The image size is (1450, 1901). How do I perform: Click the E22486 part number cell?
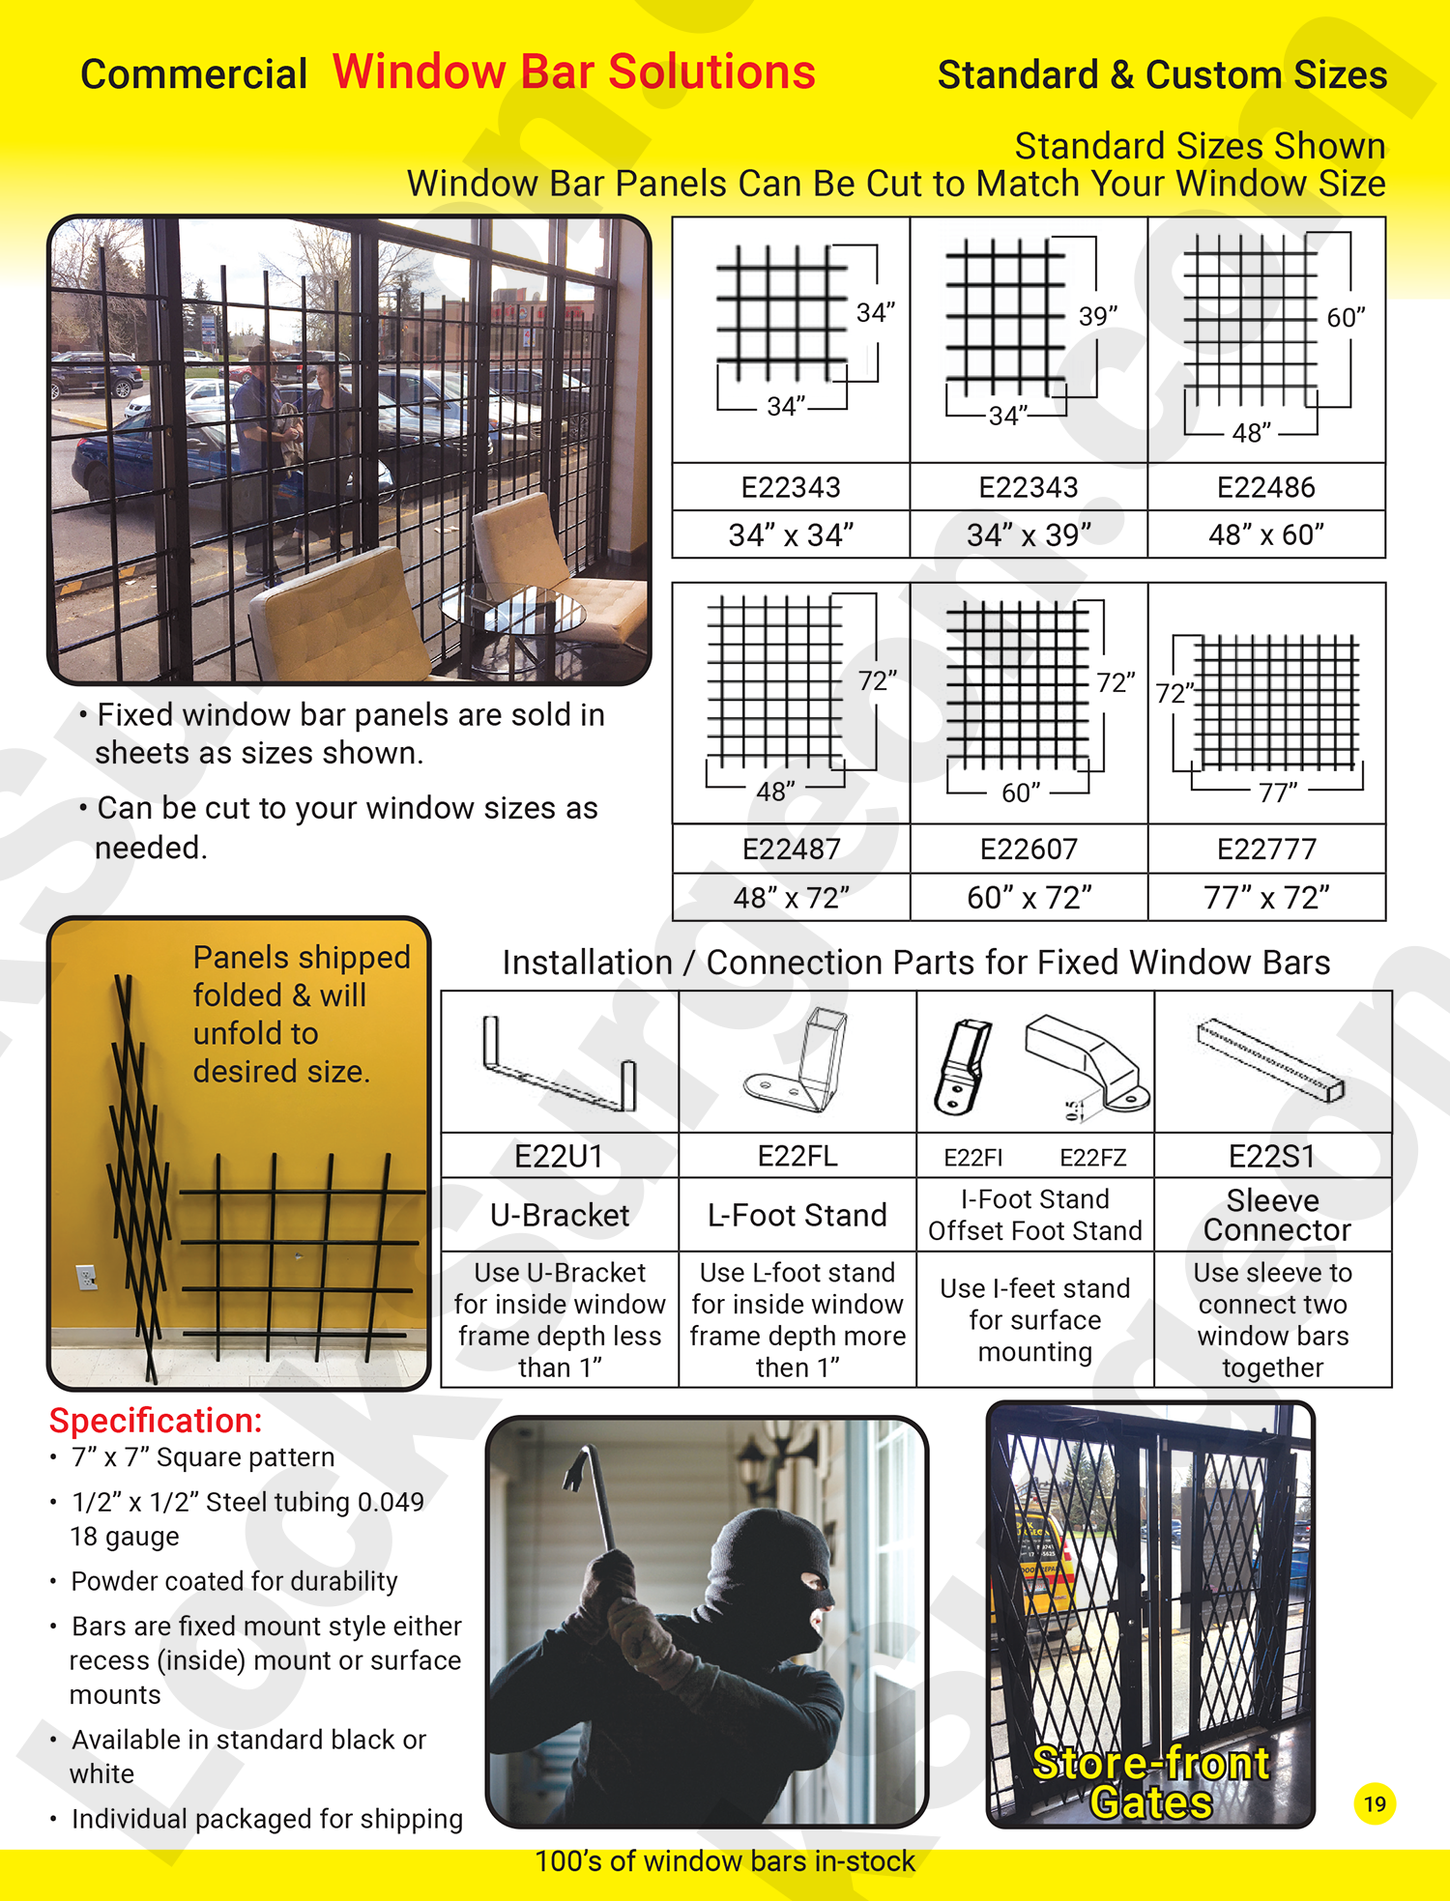point(1265,487)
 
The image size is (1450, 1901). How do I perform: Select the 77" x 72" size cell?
point(1266,898)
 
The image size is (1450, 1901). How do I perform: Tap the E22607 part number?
point(1029,849)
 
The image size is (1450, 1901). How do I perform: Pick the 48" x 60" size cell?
point(1265,534)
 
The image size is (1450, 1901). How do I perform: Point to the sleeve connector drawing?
point(1270,1060)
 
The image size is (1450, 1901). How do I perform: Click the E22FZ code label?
point(1092,1157)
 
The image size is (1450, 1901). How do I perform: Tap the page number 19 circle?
point(1375,1803)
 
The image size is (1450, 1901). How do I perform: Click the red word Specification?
point(156,1421)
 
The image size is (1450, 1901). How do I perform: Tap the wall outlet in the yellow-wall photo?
point(87,1278)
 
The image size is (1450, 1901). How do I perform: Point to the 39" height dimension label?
point(1098,316)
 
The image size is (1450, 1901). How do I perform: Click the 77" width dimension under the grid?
point(1278,792)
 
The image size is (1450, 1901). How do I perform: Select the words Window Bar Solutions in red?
point(574,72)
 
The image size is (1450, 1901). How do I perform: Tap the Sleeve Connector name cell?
point(1273,1215)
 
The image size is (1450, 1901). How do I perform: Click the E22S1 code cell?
point(1272,1156)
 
